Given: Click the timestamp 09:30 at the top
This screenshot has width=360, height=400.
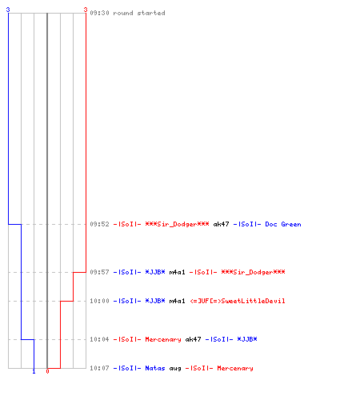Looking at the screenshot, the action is (x=99, y=13).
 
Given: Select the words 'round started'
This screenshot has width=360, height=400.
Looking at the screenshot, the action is (x=139, y=13).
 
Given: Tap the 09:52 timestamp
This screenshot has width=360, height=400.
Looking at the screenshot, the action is (x=99, y=224).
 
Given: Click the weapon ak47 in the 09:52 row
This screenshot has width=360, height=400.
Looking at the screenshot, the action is (x=221, y=224).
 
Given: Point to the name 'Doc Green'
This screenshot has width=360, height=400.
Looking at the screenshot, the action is (x=283, y=224).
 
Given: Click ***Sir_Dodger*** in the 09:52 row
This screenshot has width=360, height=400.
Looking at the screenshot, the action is (x=177, y=224).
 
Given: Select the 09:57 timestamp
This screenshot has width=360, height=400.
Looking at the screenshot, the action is (x=99, y=272).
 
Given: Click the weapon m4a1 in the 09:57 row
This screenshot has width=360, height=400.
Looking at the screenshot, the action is (x=177, y=272).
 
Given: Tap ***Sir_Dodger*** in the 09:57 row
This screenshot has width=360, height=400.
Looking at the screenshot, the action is (x=253, y=272).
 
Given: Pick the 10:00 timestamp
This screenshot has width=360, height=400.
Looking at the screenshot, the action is (x=99, y=301).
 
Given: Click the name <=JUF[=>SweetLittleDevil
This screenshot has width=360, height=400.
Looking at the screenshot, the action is (x=238, y=301).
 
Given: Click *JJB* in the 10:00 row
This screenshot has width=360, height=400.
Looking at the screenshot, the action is (x=155, y=301).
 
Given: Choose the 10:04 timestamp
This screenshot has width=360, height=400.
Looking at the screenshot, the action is (x=99, y=339).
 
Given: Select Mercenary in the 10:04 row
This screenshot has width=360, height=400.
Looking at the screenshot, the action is (x=163, y=339).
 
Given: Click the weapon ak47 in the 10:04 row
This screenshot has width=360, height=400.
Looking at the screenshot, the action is (x=193, y=339).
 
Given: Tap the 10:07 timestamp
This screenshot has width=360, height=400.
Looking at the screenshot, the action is (x=99, y=368).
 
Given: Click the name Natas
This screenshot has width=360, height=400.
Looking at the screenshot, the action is (x=155, y=368).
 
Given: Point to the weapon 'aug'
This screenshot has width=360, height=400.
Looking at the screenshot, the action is (x=175, y=369).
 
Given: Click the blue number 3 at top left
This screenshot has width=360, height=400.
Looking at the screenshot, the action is (x=8, y=10).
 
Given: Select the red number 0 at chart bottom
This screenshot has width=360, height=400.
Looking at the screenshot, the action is (x=47, y=371).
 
